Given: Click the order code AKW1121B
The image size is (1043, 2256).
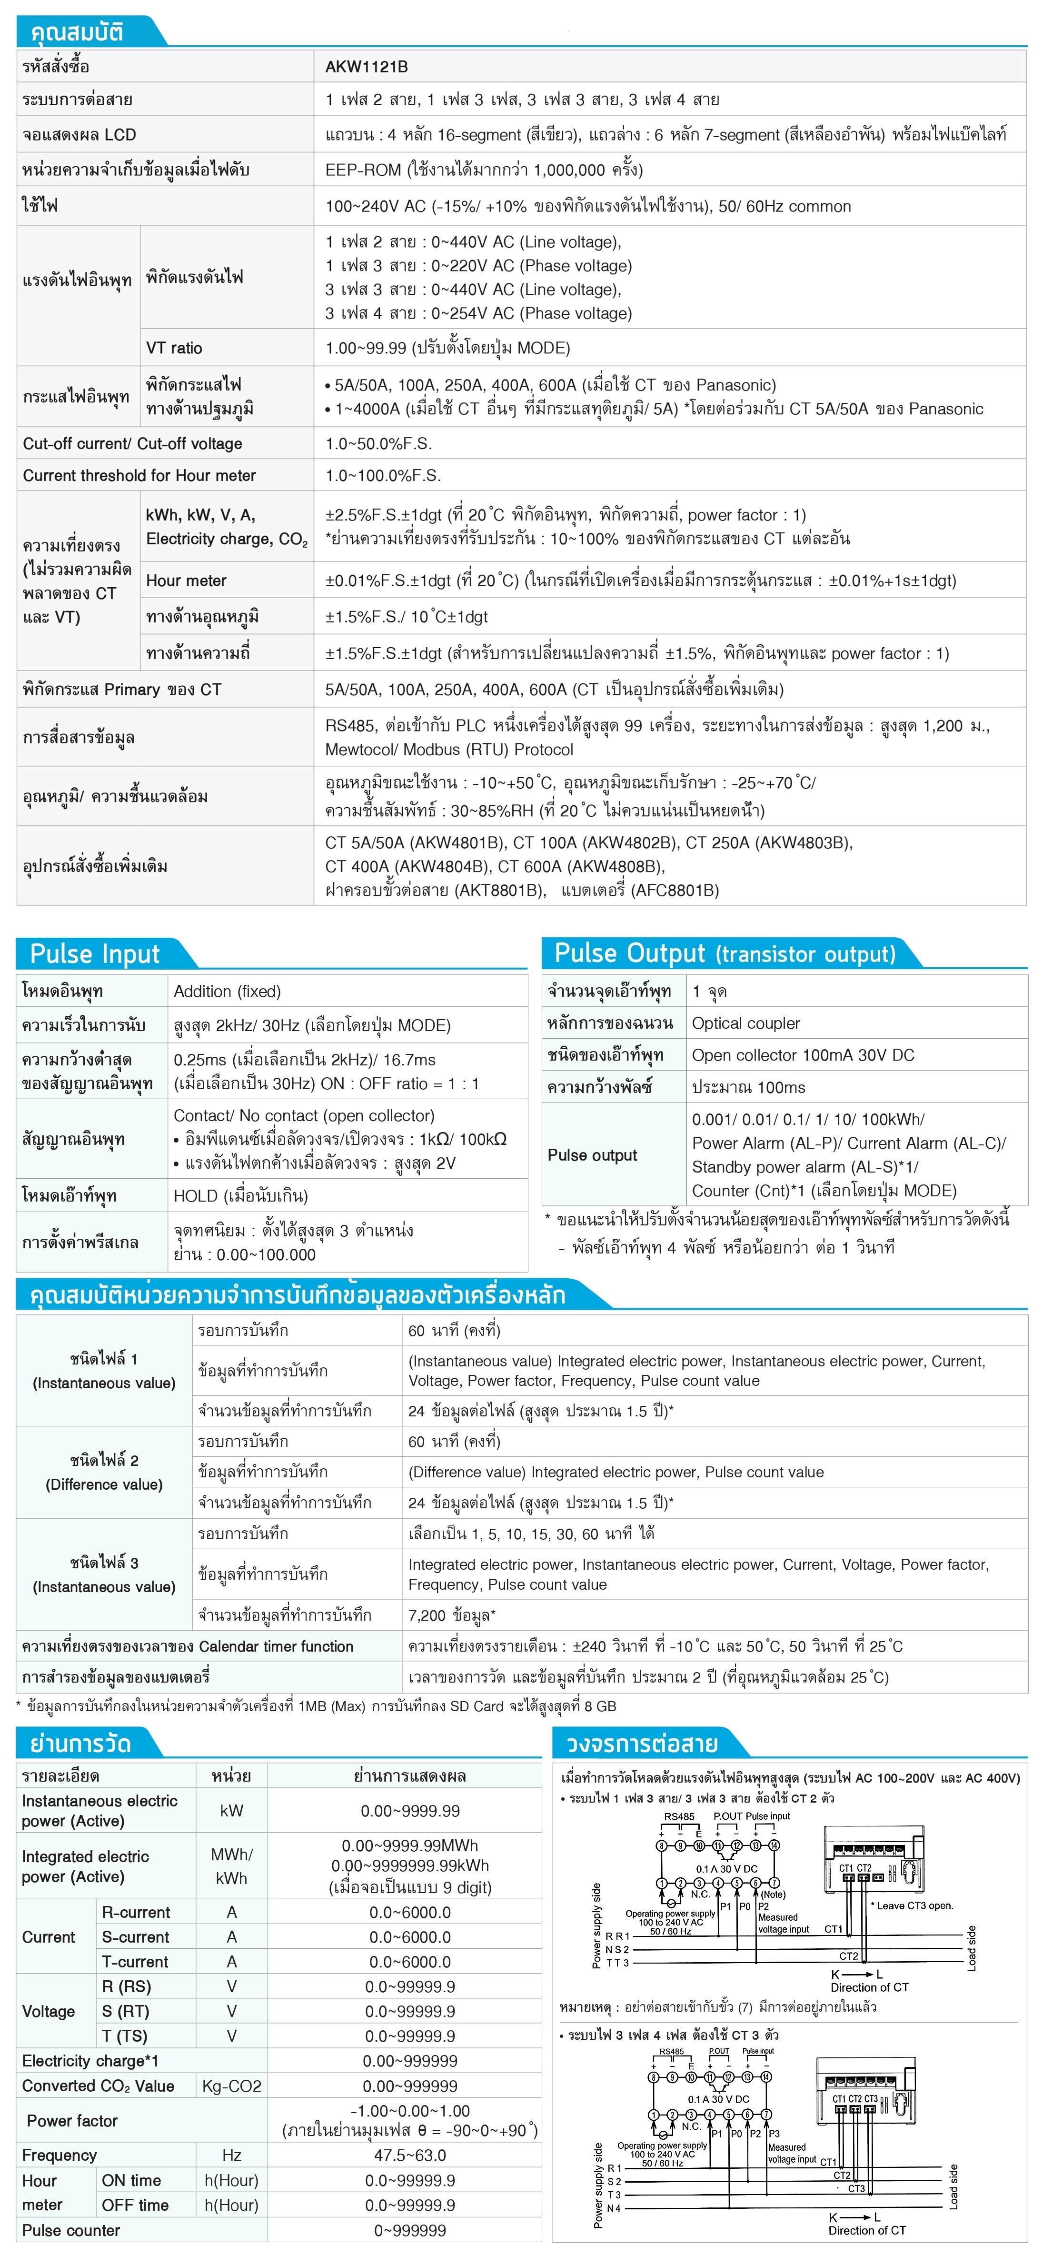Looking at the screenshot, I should pos(366,67).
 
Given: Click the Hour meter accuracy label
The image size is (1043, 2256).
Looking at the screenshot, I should pos(186,581).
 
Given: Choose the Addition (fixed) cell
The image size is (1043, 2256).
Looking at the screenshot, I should pos(227,992).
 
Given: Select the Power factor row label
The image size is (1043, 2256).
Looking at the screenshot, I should pos(72,2120).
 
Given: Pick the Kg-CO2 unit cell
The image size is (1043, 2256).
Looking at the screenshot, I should pos(231,2086).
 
